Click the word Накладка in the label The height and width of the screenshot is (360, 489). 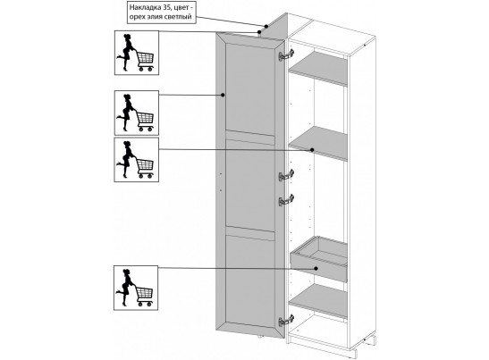pyautogui.click(x=143, y=7)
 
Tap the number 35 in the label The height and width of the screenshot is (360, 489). pyautogui.click(x=164, y=7)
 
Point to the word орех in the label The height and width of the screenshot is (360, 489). pyautogui.click(x=136, y=17)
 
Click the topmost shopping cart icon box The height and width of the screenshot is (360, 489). pyautogui.click(x=137, y=53)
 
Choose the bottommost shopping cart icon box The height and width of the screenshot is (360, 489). pyautogui.click(x=136, y=288)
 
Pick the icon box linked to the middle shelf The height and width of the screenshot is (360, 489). pyautogui.click(x=136, y=160)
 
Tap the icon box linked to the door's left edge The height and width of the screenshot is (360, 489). pyautogui.click(x=137, y=113)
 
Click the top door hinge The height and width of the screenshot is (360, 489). pyautogui.click(x=286, y=55)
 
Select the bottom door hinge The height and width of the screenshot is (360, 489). pyautogui.click(x=286, y=321)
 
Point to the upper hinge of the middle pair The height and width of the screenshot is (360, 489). pyautogui.click(x=286, y=175)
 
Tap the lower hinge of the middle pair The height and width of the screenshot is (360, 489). pyautogui.click(x=286, y=200)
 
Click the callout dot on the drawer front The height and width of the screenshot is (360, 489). pyautogui.click(x=316, y=268)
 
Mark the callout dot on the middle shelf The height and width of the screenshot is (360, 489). pyautogui.click(x=312, y=149)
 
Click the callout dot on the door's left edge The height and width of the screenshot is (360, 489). pyautogui.click(x=223, y=95)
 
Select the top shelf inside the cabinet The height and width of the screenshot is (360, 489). pyautogui.click(x=318, y=68)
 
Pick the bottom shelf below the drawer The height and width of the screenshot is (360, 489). pyautogui.click(x=318, y=301)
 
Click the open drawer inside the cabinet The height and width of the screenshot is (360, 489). pyautogui.click(x=319, y=258)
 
